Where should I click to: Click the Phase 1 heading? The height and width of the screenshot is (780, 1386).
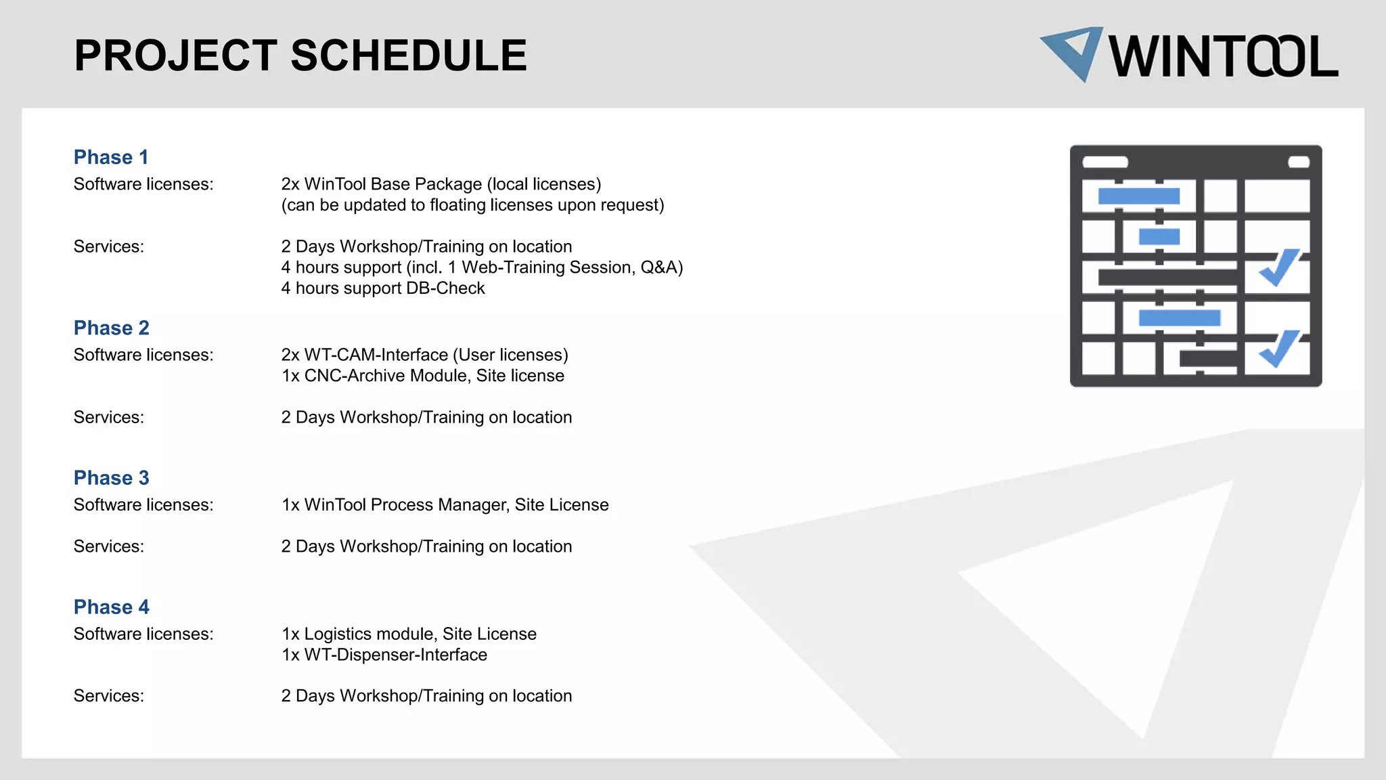(x=111, y=157)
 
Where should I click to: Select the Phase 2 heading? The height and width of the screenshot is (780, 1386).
(x=112, y=328)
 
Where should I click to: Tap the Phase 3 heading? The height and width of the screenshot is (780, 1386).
(x=112, y=477)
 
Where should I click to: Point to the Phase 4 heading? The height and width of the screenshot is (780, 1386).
(x=112, y=607)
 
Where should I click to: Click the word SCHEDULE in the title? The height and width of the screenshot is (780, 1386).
(x=409, y=56)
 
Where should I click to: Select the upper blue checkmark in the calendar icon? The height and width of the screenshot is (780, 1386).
(x=1278, y=267)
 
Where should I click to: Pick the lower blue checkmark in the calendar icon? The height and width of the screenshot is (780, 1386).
(x=1278, y=348)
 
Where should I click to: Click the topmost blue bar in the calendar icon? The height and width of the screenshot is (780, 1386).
(x=1138, y=196)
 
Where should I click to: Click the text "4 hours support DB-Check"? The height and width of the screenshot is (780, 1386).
(x=383, y=288)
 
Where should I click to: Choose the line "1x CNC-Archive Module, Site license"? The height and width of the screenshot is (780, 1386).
(x=423, y=376)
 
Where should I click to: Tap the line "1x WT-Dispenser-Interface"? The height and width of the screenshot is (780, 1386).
(x=384, y=655)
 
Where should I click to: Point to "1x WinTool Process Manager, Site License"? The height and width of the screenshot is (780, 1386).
(x=445, y=505)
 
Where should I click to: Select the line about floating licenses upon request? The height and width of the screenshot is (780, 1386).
(x=472, y=205)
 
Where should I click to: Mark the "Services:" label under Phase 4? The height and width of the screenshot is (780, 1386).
(x=109, y=696)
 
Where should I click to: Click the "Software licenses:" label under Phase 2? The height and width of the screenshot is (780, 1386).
(x=143, y=355)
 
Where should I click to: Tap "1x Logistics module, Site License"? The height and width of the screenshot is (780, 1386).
(x=409, y=634)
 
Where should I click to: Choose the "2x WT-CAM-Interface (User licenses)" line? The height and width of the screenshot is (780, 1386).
(x=425, y=355)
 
